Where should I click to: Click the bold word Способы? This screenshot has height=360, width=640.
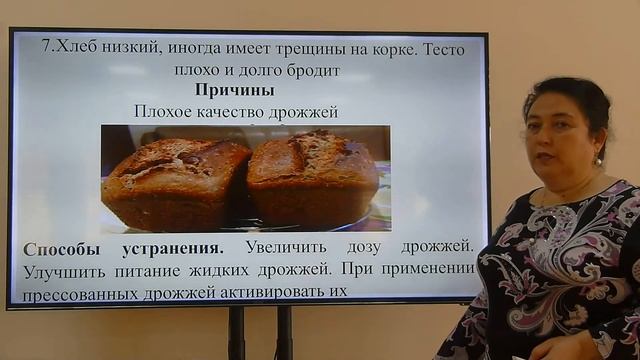62,247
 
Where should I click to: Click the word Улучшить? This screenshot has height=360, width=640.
65,269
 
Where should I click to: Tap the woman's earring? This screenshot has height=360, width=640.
600,159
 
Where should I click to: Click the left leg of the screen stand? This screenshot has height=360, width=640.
236,333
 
